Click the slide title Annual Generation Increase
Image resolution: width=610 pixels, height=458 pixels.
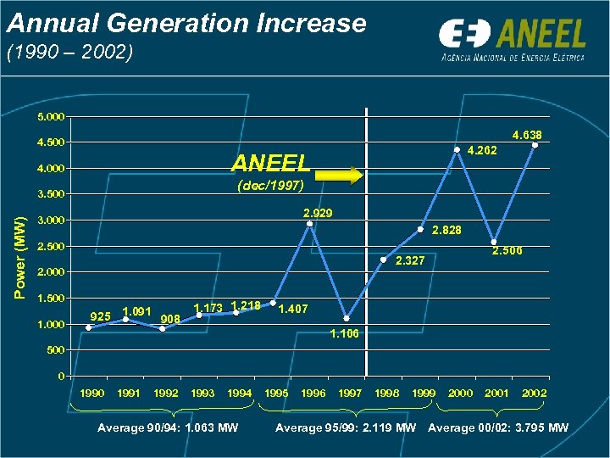point(186,23)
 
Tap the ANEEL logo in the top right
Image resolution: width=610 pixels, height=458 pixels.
point(512,40)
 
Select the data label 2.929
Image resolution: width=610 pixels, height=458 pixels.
point(318,211)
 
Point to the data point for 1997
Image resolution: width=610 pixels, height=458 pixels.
point(347,319)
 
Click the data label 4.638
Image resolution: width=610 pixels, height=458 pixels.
point(527,135)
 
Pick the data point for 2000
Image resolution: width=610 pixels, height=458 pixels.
point(457,150)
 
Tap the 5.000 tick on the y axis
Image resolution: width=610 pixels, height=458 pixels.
point(53,116)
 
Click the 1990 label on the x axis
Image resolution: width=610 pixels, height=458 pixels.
point(91,394)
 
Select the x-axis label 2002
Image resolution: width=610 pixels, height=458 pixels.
point(534,394)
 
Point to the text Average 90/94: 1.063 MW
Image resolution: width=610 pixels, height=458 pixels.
point(168,427)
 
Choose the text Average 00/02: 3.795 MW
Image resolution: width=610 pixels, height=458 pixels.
point(498,427)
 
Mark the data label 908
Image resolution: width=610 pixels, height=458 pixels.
point(169,318)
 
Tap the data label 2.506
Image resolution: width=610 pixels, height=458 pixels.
point(508,251)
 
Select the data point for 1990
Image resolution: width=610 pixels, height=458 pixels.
point(89,327)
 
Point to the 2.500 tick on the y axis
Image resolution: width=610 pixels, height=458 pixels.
point(53,247)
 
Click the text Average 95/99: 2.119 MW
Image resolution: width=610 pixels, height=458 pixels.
point(345,427)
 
